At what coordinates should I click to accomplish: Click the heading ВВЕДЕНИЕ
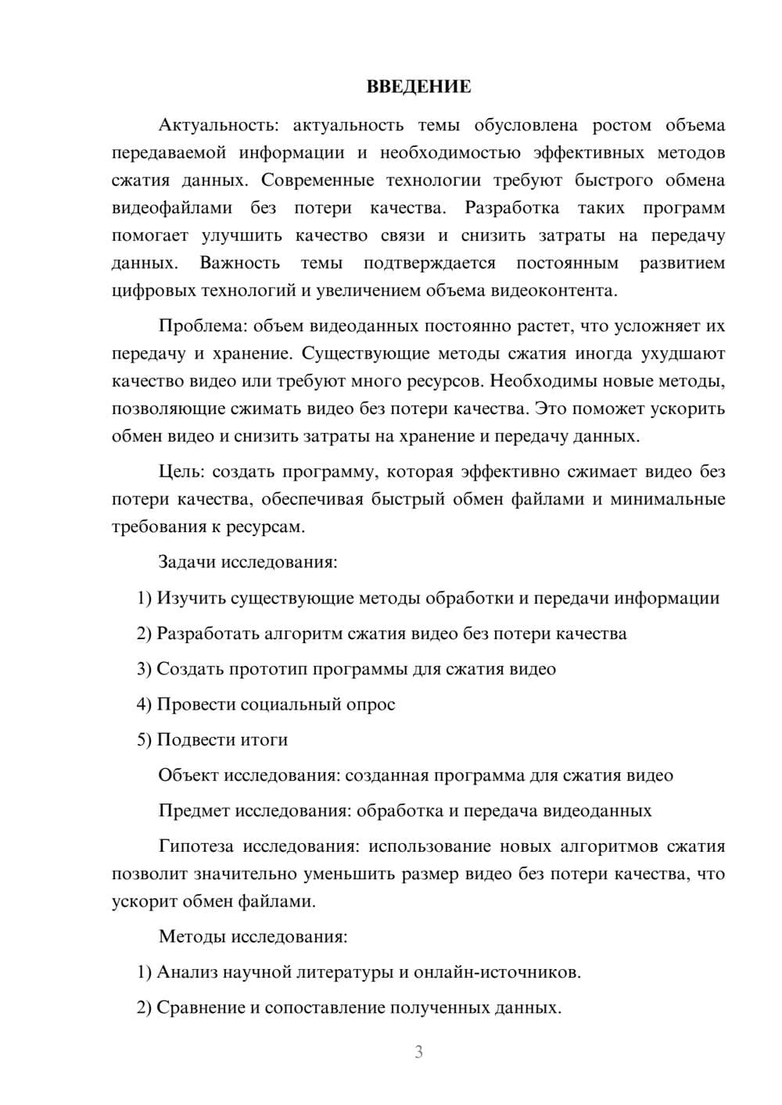[x=418, y=87]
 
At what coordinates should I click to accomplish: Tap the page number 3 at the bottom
[x=418, y=1052]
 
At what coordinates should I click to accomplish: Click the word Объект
[x=188, y=775]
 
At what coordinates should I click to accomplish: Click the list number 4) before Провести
[x=144, y=704]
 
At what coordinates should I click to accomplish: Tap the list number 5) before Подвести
[x=144, y=739]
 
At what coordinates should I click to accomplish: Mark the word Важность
[x=239, y=263]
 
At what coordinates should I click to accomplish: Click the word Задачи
[x=188, y=562]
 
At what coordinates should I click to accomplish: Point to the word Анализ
[x=187, y=972]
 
